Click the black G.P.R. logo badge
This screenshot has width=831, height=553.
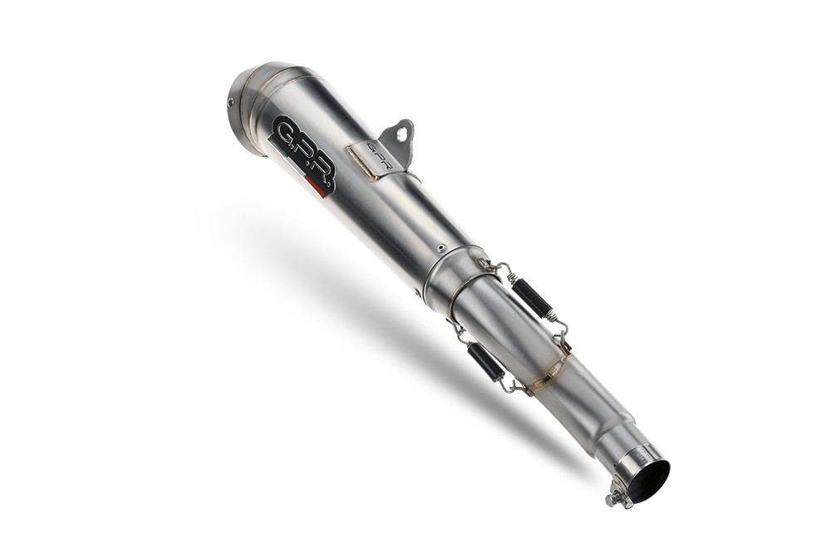coord(304,154)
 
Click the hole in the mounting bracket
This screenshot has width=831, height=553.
coord(403,130)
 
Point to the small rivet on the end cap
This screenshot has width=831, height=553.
coord(230,103)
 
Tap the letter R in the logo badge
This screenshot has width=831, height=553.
coord(323,175)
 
